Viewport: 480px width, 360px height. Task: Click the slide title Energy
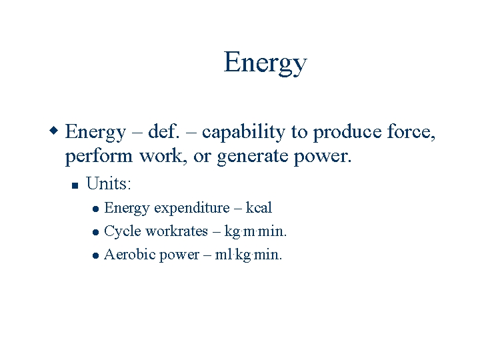265,63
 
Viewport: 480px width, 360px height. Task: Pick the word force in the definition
411,132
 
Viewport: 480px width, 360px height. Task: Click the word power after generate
328,158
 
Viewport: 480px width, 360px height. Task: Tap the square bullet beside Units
75,185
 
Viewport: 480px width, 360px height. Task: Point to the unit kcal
259,208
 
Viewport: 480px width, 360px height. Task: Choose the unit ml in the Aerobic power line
222,255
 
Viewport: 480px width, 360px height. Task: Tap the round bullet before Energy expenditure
96,209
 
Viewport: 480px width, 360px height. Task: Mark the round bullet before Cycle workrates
96,232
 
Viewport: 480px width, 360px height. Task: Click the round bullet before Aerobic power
96,255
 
